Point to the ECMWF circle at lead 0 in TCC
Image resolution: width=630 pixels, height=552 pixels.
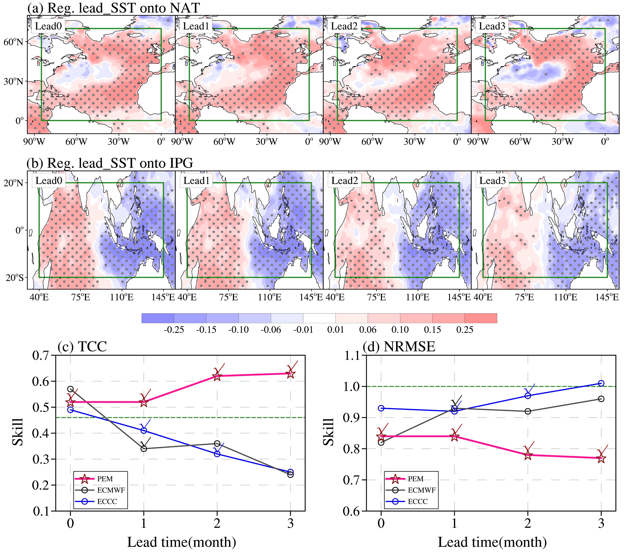coord(70,389)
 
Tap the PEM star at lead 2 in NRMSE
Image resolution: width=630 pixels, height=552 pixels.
coord(528,455)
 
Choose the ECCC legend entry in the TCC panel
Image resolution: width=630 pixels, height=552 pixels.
coord(96,501)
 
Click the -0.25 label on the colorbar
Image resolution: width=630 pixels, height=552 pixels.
coord(174,330)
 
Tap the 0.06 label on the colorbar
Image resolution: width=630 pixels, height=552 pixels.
coord(368,330)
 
